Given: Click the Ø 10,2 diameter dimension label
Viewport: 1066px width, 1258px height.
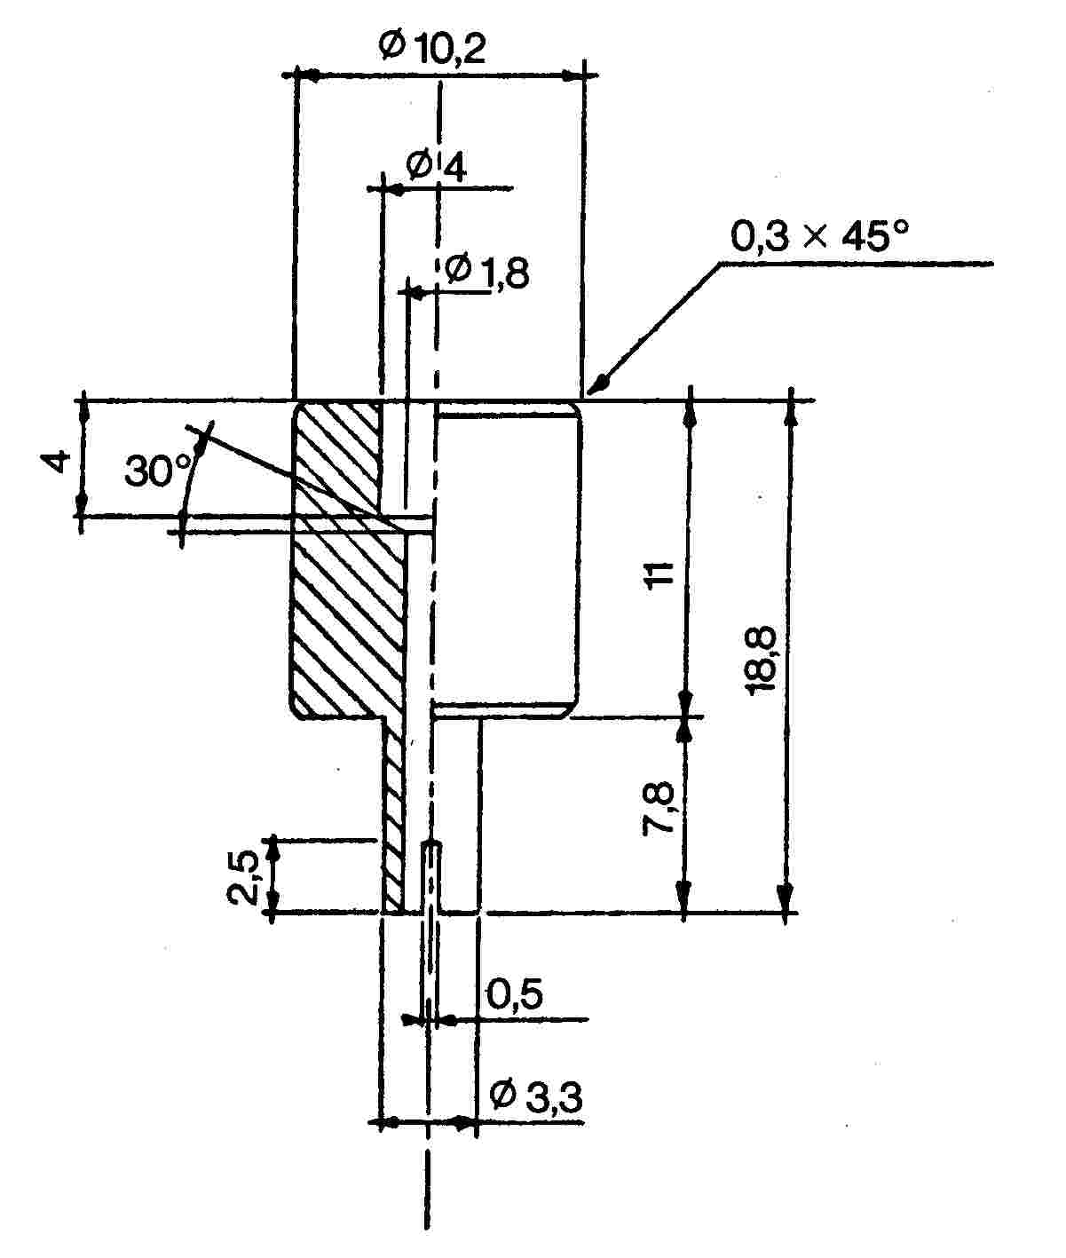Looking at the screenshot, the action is pyautogui.click(x=432, y=47).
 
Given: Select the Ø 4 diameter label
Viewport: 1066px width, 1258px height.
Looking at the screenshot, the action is pyautogui.click(x=437, y=165).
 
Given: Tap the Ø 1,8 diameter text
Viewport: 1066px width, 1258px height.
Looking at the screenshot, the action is pyautogui.click(x=486, y=272).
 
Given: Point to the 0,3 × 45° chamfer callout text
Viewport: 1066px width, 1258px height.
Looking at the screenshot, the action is pyautogui.click(x=819, y=235).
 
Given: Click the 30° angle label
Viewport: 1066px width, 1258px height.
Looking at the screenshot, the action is pyautogui.click(x=158, y=471).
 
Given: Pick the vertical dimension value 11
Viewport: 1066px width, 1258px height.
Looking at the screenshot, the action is pyautogui.click(x=659, y=574).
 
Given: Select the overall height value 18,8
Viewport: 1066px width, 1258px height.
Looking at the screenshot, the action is pyautogui.click(x=761, y=659).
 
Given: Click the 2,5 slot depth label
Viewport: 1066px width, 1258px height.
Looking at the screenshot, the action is pyautogui.click(x=242, y=878).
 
